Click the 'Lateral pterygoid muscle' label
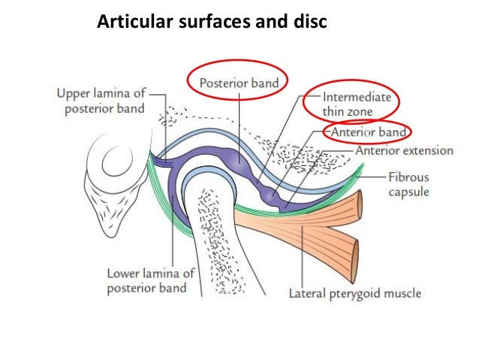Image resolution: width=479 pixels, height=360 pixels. pyautogui.click(x=355, y=292)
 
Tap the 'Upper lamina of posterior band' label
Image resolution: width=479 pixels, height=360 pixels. pyautogui.click(x=106, y=101)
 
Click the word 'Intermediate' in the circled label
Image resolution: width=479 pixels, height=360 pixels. pyautogui.click(x=356, y=97)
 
